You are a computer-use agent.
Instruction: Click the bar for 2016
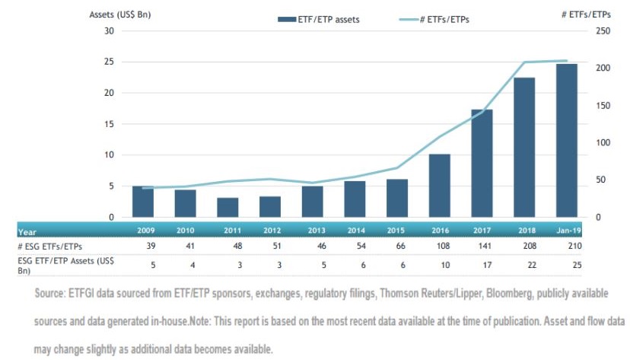[440, 186]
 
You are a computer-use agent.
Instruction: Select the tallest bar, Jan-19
[567, 141]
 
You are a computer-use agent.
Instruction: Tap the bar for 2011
[228, 207]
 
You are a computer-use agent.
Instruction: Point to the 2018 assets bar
[524, 148]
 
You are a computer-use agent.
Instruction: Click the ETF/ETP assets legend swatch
[287, 19]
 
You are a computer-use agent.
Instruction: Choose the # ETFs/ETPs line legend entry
[434, 19]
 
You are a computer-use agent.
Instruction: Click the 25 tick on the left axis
[109, 62]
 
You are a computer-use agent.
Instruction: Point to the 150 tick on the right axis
[603, 105]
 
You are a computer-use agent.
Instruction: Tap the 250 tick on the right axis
[603, 31]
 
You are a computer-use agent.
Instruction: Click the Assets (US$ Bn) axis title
[119, 14]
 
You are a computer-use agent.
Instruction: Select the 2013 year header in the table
[317, 230]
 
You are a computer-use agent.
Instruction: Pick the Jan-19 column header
[568, 230]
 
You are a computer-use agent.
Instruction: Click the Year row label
[27, 232]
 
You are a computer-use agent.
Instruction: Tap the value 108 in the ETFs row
[443, 246]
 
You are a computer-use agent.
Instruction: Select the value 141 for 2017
[485, 246]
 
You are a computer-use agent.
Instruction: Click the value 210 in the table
[575, 246]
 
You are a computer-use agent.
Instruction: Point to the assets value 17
[487, 265]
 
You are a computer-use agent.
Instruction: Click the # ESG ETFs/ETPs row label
[49, 246]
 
